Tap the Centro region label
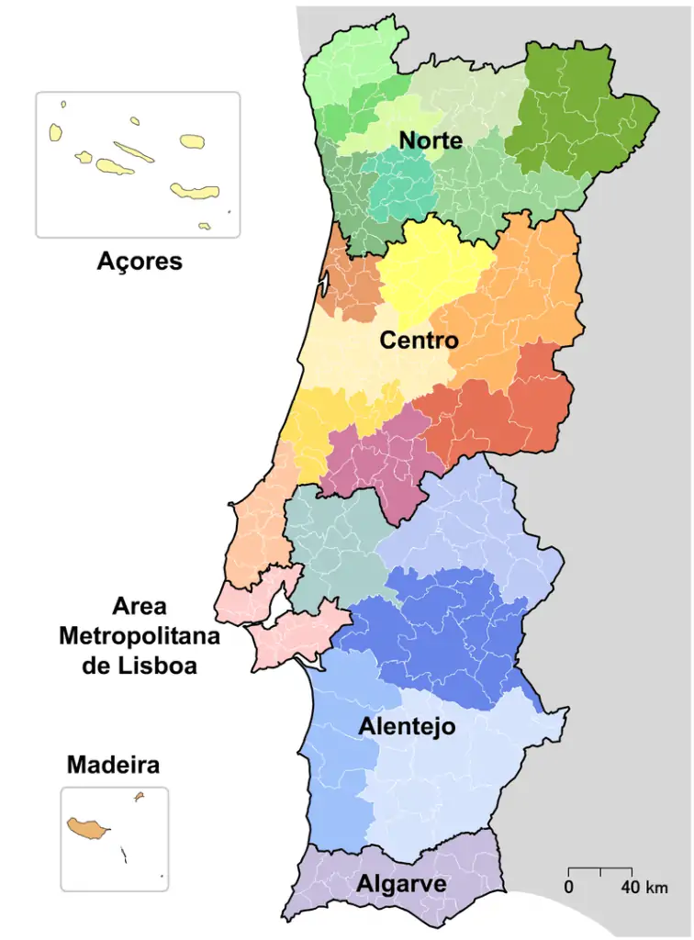pos(419,341)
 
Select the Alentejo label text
pos(407,727)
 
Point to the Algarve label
pos(401,884)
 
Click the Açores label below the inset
pos(140,262)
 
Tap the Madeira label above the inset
pos(113,765)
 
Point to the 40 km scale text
pos(644,888)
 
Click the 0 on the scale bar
pos(569,888)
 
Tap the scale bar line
pos(600,867)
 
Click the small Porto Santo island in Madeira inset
pos(140,797)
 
